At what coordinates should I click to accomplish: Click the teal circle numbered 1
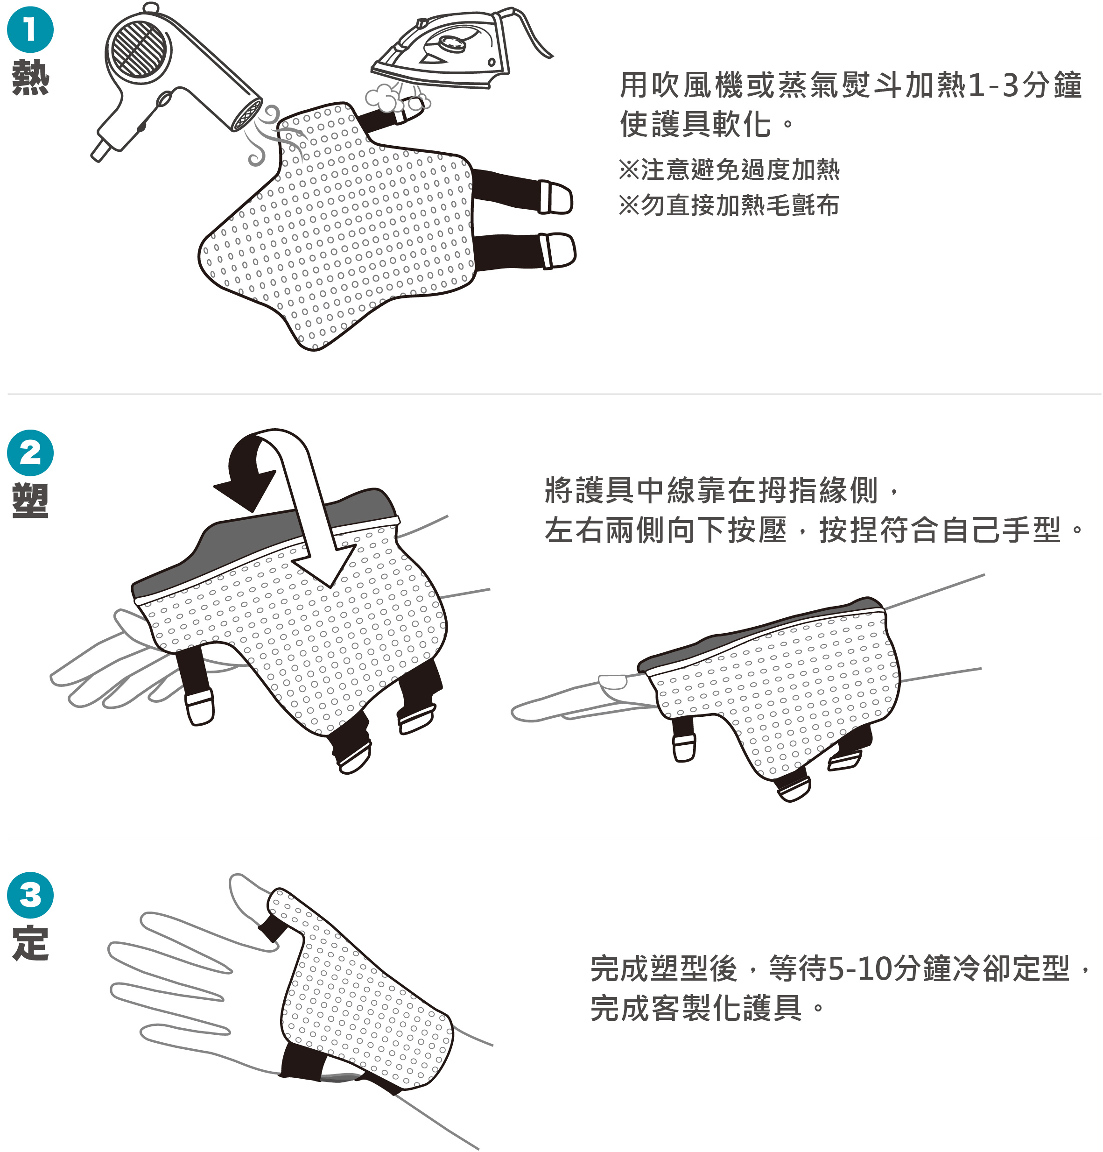coord(30,30)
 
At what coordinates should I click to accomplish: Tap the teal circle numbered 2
coord(30,452)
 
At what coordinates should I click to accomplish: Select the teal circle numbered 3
coord(30,896)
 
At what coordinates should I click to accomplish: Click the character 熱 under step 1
coord(30,77)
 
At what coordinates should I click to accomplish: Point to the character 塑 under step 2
coord(30,501)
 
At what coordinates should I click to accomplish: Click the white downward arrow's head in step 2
coord(326,564)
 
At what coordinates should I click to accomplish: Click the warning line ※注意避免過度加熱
coord(729,170)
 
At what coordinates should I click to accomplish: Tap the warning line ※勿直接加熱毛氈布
coord(729,205)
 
